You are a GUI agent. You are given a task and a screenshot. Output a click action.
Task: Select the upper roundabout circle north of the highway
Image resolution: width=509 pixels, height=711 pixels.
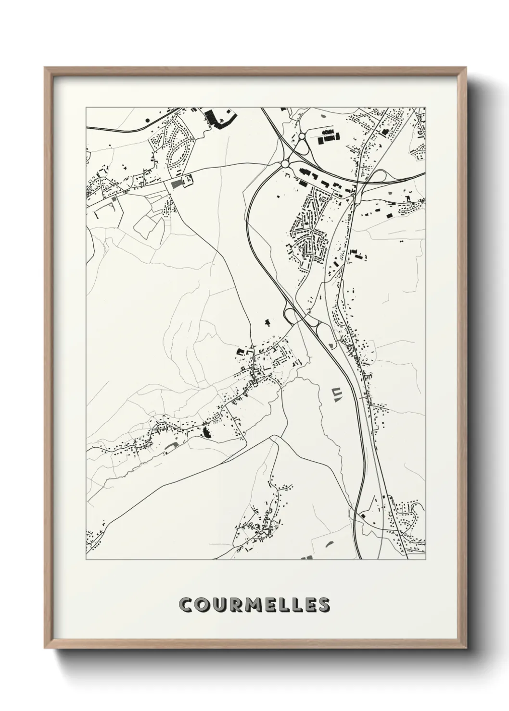pyautogui.click(x=302, y=136)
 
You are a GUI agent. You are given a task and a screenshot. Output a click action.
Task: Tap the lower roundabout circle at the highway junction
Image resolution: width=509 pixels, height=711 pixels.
pyautogui.click(x=285, y=164)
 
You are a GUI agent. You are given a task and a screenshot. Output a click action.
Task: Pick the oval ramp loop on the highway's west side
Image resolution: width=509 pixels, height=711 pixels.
pyautogui.click(x=292, y=316)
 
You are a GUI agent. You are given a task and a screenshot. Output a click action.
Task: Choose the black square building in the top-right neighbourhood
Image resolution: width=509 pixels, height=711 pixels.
pyautogui.click(x=384, y=131)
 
